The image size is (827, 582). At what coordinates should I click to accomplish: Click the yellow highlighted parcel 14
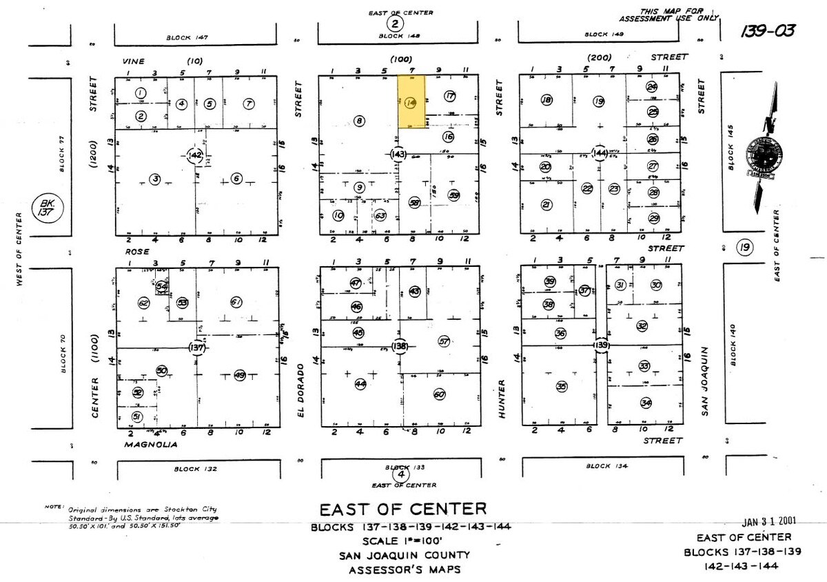[x=412, y=103]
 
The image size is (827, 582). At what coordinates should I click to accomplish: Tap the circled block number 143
[x=398, y=154]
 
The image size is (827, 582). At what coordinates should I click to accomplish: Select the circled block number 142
[x=196, y=155]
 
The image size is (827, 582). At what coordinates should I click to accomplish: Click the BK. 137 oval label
[x=45, y=205]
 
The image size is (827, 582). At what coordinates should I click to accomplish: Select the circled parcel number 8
[x=358, y=121]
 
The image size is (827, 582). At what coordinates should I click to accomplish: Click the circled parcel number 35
[x=562, y=387]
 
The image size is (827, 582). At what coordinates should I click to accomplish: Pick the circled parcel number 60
[x=439, y=394]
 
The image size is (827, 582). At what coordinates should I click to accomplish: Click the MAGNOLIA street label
[x=151, y=445]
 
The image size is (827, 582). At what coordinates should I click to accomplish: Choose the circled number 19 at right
[x=744, y=247]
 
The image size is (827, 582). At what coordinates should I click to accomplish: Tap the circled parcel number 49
[x=240, y=375]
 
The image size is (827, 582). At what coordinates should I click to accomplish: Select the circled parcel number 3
[x=155, y=179]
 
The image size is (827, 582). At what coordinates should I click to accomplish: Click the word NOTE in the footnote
[x=54, y=506]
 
